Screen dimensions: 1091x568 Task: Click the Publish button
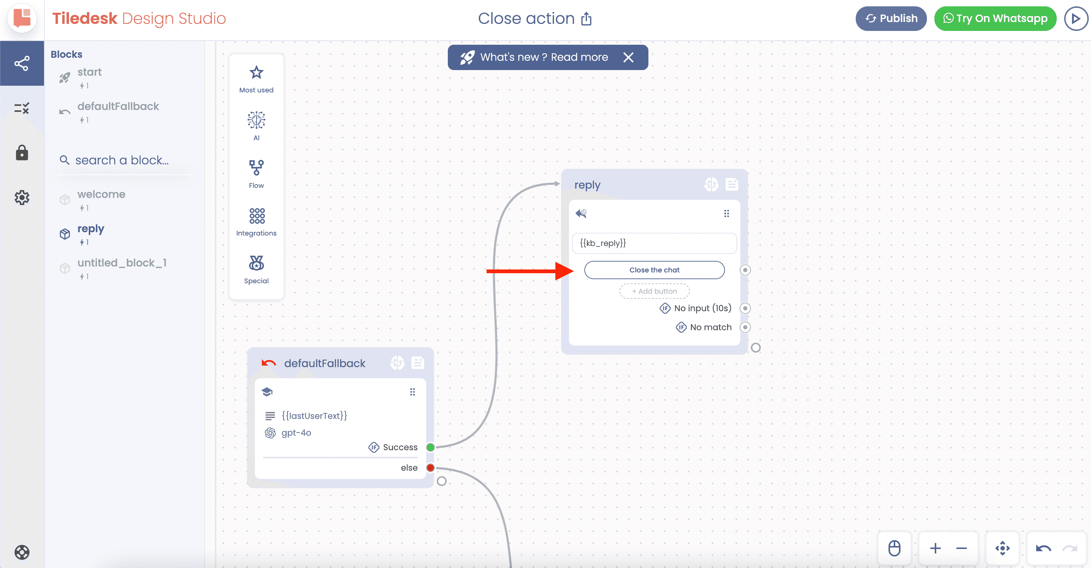[891, 19]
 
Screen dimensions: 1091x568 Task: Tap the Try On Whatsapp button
[995, 19]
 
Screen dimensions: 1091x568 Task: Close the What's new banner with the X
[629, 57]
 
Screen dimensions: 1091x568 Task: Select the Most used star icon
[256, 72]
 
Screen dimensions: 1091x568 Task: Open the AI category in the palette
[256, 120]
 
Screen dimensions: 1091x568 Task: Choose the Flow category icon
[256, 168]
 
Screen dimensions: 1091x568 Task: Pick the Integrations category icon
[257, 215]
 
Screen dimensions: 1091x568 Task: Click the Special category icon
[256, 263]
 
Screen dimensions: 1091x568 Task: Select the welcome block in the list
[101, 194]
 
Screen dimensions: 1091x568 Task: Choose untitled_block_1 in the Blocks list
[122, 263]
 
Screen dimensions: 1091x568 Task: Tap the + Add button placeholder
[654, 291]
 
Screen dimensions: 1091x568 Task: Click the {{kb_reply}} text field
[654, 243]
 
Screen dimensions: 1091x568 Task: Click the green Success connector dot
[430, 447]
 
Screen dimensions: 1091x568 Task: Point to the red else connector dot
[430, 468]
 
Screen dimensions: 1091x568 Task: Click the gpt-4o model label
[296, 433]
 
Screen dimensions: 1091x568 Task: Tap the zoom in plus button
[935, 549]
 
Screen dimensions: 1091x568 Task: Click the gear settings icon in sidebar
[22, 197]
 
